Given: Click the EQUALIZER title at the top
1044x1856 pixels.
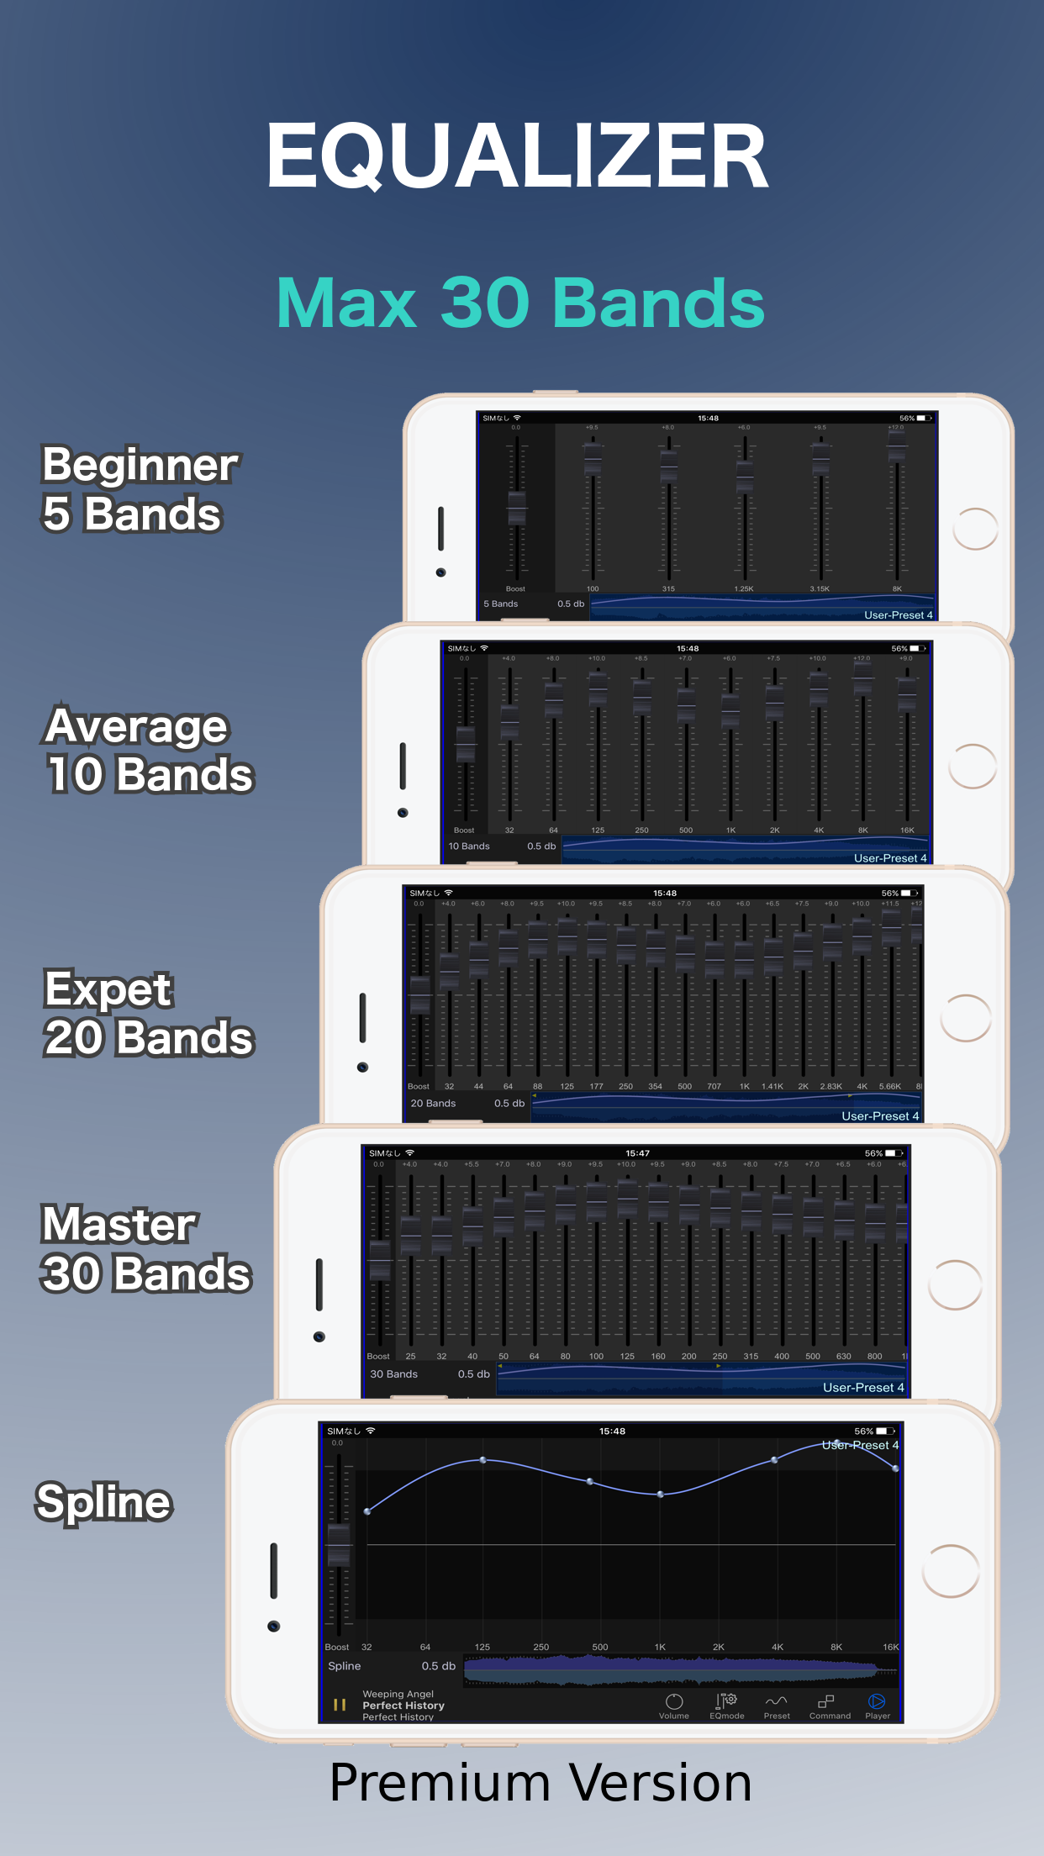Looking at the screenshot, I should (x=517, y=156).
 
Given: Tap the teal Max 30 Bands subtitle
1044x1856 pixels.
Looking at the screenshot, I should (x=520, y=303).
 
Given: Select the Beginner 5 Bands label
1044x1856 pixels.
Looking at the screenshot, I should (x=140, y=488).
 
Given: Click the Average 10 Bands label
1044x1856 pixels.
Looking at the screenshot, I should (x=148, y=750).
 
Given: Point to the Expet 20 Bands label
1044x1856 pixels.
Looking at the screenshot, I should (x=148, y=1013).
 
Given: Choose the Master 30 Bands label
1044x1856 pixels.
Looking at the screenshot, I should (x=145, y=1248).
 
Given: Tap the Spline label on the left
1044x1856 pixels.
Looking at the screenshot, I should (x=104, y=1502).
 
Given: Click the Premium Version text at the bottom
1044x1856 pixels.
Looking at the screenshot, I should (x=540, y=1783).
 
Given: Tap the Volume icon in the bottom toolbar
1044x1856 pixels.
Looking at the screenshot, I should (x=674, y=1706).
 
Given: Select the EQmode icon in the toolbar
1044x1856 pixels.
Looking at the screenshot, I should (x=726, y=1706).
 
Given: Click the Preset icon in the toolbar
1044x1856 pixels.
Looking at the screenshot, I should (x=777, y=1706).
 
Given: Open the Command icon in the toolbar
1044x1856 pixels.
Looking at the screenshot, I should (x=829, y=1706).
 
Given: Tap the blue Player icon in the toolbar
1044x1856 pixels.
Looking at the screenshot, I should (x=877, y=1706).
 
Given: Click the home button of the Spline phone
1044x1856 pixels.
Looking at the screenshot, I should (x=951, y=1571).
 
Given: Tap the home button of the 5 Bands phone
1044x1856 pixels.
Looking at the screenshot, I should (x=975, y=529).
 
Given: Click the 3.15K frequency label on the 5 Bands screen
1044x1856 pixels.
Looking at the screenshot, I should (x=820, y=588).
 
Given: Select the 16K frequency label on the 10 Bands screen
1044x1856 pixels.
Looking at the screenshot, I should (x=907, y=830).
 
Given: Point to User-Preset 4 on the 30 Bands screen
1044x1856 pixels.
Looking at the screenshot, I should (x=863, y=1388).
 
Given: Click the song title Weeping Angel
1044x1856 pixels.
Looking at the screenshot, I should (x=398, y=1694).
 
